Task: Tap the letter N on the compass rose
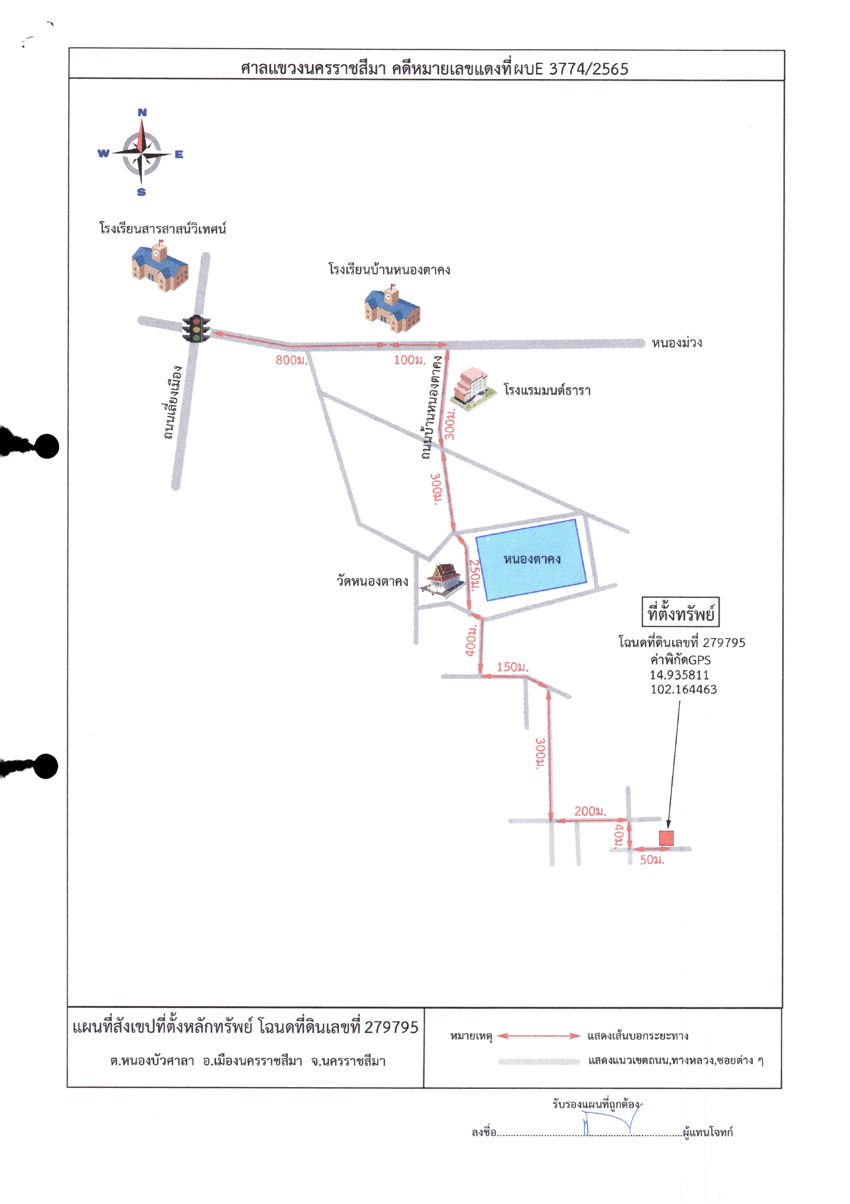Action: pyautogui.click(x=142, y=112)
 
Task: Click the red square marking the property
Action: pyautogui.click(x=666, y=837)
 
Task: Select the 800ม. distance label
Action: pyautogui.click(x=291, y=360)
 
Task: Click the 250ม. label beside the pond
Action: pyautogui.click(x=474, y=575)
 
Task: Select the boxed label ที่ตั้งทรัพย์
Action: pyautogui.click(x=681, y=612)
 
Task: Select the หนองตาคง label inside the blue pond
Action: pyautogui.click(x=532, y=559)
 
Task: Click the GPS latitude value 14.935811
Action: pyautogui.click(x=679, y=675)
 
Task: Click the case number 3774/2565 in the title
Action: pyautogui.click(x=588, y=69)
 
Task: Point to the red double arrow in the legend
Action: pyautogui.click(x=539, y=1036)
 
